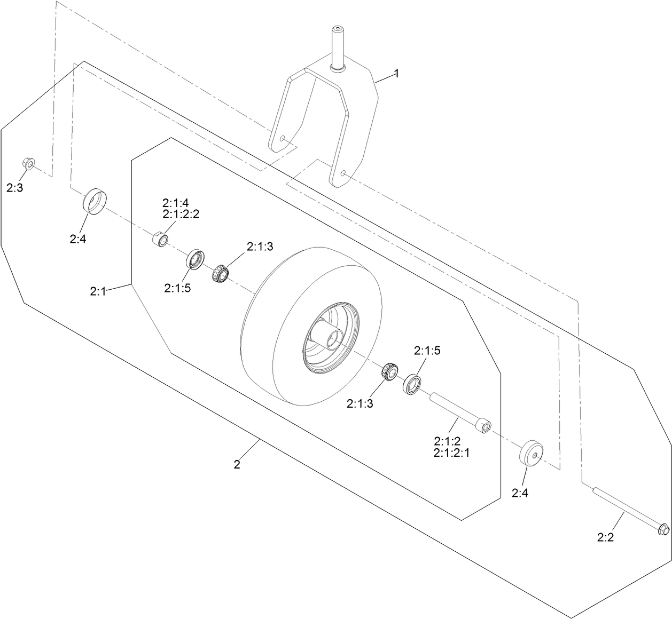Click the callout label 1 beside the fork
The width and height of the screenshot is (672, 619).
pos(396,74)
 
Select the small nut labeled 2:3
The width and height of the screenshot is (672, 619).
pos(29,163)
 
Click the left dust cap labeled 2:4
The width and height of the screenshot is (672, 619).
pos(95,202)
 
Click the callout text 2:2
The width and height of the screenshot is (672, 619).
pos(605,537)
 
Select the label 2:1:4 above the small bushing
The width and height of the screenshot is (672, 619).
pos(175,203)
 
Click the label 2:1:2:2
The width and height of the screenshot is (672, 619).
pos(181,213)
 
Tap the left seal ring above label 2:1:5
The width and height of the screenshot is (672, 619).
pos(195,259)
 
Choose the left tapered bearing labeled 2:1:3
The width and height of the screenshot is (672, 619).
pos(220,274)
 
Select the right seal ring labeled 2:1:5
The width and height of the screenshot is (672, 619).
pos(413,385)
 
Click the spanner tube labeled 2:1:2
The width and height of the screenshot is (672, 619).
pos(459,411)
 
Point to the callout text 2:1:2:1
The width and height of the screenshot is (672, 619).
pos(452,453)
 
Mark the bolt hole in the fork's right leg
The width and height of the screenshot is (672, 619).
pos(344,173)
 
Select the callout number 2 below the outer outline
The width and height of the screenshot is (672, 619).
pos(237,464)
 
